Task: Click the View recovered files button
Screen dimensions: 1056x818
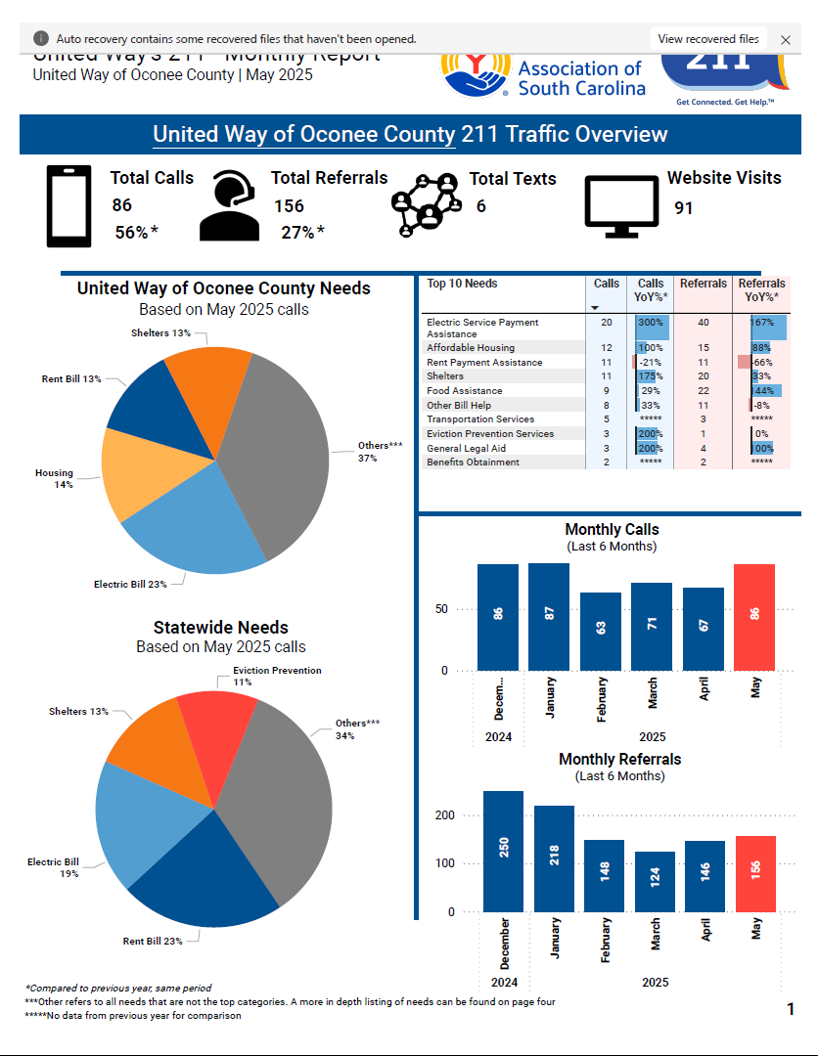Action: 708,39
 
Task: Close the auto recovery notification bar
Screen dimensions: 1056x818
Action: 786,40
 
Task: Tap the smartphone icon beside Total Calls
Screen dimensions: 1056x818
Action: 68,206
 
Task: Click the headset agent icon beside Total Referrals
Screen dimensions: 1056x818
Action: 229,206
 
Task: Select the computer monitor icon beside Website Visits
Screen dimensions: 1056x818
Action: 620,206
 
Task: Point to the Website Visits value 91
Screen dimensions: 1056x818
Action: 684,207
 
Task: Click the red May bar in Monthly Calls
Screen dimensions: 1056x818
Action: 753,617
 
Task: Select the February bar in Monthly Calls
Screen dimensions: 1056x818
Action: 600,631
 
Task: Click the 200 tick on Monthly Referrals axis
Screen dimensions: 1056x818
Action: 444,815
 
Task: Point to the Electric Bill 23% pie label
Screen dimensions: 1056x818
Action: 130,584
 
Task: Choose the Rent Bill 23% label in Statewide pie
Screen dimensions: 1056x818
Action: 153,941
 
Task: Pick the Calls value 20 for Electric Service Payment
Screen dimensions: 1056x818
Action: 607,323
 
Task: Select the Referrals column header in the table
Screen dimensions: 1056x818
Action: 704,284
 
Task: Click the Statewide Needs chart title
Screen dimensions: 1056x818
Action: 220,628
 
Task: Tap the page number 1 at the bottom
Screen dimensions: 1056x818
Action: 791,1009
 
